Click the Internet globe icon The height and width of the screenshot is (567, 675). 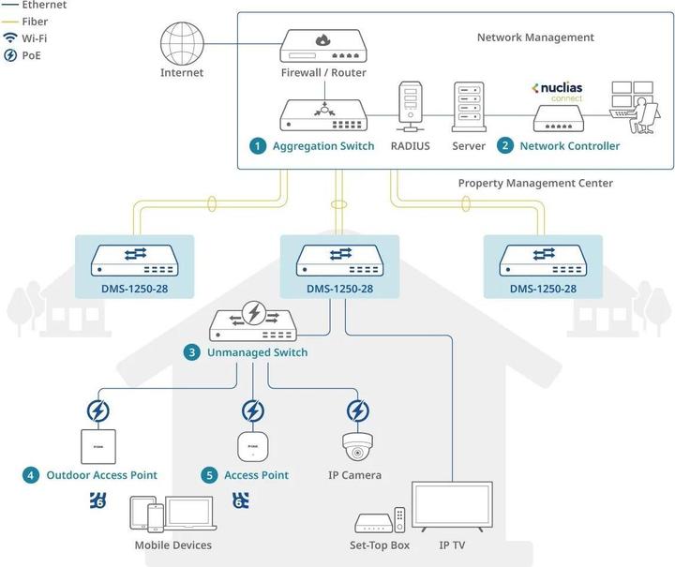(182, 41)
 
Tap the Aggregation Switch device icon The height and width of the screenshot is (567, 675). (323, 115)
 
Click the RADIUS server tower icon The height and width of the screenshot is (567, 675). (410, 106)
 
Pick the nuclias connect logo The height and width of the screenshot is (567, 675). (559, 91)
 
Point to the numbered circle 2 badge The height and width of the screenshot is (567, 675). (505, 146)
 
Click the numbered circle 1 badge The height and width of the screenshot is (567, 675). (257, 146)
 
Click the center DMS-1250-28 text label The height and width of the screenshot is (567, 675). (339, 289)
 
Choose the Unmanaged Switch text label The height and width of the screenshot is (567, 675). (257, 353)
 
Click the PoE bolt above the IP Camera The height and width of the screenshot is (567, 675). (357, 410)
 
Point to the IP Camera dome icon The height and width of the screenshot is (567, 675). (357, 447)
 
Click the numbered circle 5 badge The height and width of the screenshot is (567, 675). (209, 475)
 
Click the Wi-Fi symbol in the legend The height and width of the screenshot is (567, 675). (9, 38)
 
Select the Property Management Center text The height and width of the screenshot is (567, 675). (535, 184)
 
